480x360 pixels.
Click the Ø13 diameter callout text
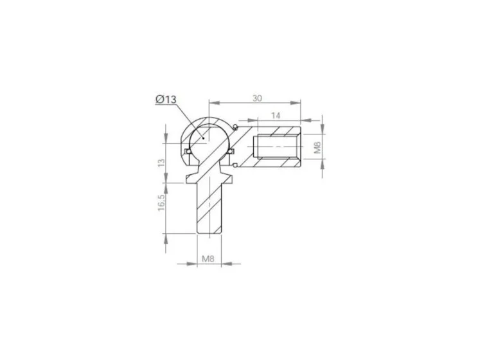[166, 99]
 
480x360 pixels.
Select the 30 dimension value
[257, 98]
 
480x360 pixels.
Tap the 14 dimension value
[276, 116]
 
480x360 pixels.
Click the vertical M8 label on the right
[317, 147]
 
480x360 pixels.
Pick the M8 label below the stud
[208, 258]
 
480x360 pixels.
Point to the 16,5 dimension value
[161, 203]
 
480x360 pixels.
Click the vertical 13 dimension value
[161, 163]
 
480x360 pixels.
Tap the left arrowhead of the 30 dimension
[215, 103]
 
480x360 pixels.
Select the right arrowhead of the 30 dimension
[295, 103]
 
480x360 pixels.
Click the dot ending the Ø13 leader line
[204, 138]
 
